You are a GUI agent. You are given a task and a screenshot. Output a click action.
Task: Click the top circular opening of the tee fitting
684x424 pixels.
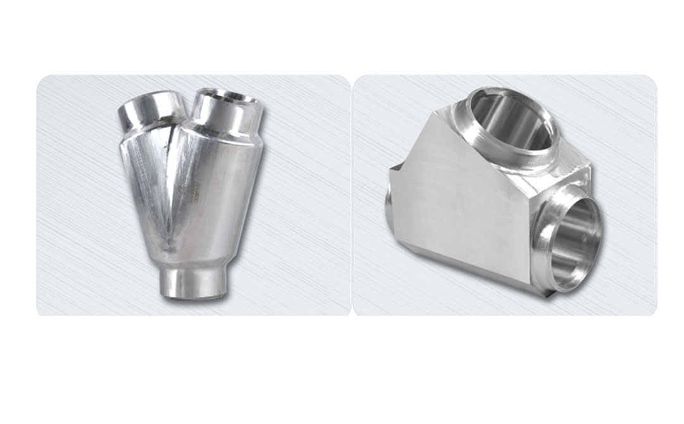(x=512, y=122)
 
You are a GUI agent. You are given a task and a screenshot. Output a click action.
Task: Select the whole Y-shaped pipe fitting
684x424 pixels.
(x=190, y=190)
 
